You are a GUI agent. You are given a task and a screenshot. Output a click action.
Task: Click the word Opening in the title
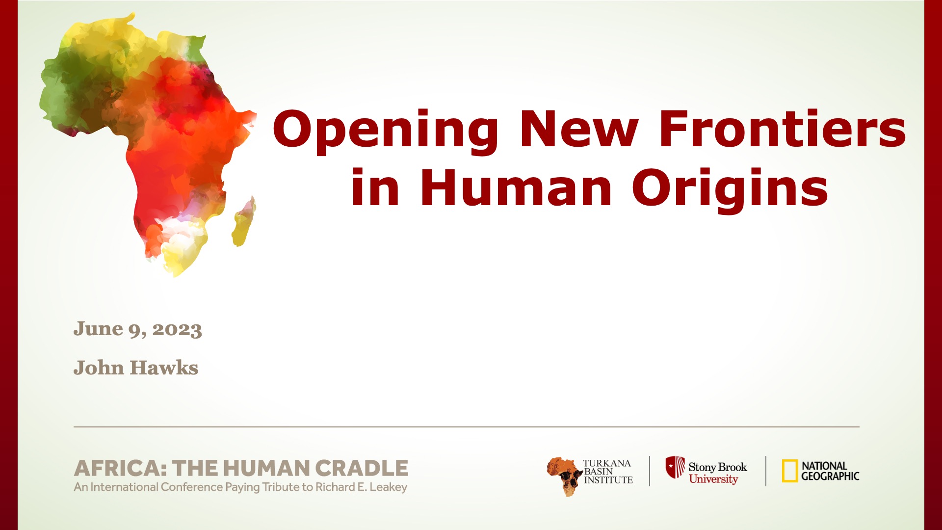[385, 130]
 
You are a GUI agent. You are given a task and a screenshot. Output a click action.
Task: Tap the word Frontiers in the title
[783, 128]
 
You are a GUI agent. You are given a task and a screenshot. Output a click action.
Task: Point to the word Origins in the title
[730, 190]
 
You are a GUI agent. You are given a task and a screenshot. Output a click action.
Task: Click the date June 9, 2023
[138, 329]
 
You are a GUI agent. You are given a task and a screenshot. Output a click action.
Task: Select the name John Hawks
[136, 368]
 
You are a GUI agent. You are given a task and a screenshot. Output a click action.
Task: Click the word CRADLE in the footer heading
[362, 468]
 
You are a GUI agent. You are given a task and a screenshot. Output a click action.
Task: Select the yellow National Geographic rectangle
[789, 471]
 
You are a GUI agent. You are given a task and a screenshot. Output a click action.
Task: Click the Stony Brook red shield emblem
[675, 467]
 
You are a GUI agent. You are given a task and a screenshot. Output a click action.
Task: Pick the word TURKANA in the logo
[607, 463]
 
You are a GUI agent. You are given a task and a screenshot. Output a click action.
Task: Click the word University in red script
[713, 479]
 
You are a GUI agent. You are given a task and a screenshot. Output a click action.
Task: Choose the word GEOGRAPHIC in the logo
[830, 476]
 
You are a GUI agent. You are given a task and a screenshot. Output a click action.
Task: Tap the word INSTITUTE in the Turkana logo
[608, 480]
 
